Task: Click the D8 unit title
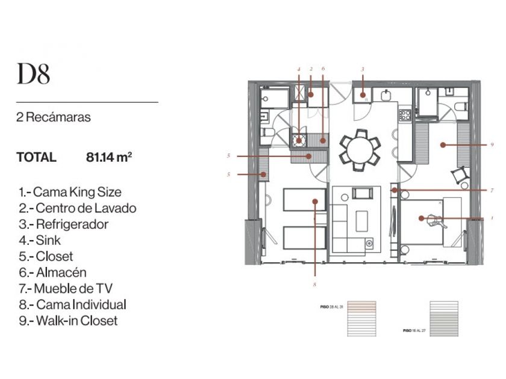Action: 34,74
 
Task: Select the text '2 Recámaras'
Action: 54,117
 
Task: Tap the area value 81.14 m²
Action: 109,158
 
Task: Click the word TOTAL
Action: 36,158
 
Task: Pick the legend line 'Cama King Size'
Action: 70,193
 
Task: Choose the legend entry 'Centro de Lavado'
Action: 77,208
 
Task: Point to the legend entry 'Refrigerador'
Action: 64,224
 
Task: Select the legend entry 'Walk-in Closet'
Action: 68,321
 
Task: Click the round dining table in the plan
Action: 360,146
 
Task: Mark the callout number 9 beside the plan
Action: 492,145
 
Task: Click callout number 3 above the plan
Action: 363,70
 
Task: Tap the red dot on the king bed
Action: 422,218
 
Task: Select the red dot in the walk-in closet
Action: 442,144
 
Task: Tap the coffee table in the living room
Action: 364,219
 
